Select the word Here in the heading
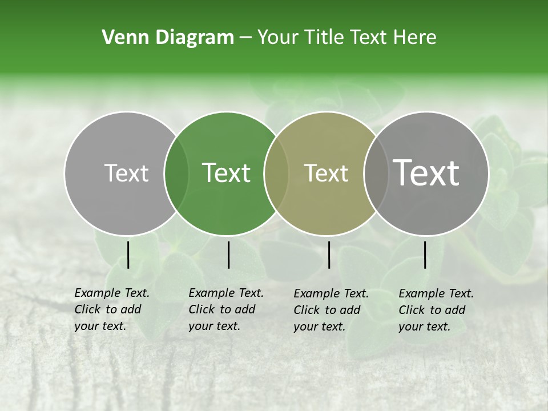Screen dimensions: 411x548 416,38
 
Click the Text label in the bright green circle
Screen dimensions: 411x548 226,173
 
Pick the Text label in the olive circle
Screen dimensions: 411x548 326,173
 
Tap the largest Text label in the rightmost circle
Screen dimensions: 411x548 426,172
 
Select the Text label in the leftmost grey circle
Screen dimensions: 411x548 126,173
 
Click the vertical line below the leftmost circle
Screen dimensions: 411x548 128,255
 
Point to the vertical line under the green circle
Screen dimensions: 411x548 228,255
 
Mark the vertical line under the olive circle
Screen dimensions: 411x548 329,255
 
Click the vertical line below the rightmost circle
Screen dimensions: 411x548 425,255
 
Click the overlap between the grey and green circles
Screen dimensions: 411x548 176,174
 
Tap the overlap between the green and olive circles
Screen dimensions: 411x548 276,174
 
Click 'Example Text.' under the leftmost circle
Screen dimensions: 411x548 112,293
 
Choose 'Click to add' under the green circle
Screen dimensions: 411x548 222,309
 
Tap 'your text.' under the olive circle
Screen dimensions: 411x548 319,327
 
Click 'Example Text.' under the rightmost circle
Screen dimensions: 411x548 436,293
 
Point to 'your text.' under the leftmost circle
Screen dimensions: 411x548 100,327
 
